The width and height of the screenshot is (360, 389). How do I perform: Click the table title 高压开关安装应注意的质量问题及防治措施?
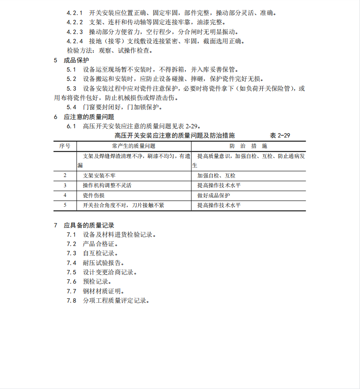click(174, 135)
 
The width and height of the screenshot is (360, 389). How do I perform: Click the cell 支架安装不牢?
click(99, 176)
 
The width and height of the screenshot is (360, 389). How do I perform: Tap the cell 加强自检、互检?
click(216, 176)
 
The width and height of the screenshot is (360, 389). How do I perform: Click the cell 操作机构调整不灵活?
click(107, 185)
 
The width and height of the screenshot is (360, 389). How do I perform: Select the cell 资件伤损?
click(94, 195)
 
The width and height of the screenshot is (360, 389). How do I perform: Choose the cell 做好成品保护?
click(214, 195)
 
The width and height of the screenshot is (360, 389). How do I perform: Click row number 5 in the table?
click(65, 205)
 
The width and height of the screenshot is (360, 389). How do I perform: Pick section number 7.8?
click(72, 300)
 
